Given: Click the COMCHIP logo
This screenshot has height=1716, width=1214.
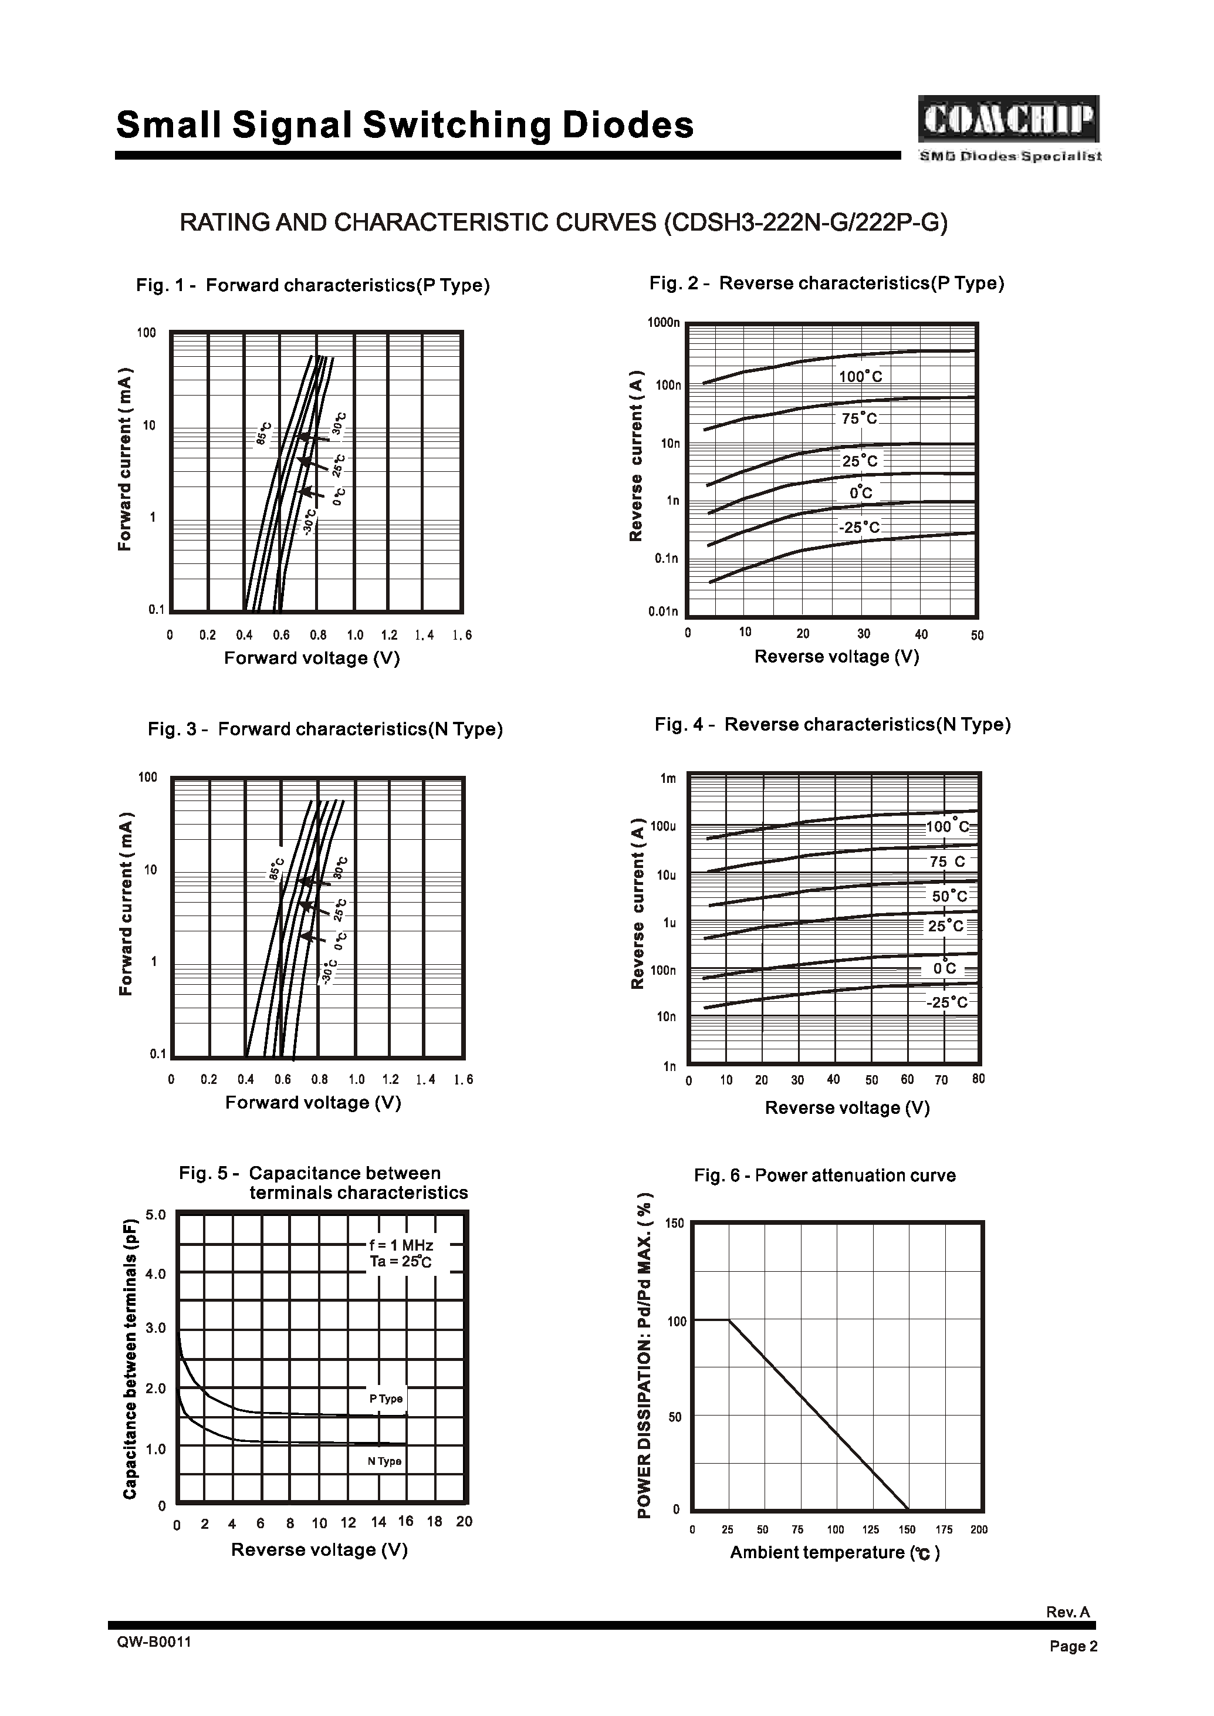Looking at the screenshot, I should [x=1009, y=120].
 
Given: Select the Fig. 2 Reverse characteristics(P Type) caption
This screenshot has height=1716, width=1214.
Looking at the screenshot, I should [x=827, y=283].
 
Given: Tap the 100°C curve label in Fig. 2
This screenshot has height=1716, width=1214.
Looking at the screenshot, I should [x=860, y=377].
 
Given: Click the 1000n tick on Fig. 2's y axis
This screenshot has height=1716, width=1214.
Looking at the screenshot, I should [x=664, y=323].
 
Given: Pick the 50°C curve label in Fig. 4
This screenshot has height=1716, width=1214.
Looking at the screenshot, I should [x=949, y=896].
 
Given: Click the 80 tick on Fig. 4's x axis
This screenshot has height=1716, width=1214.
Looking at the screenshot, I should [x=979, y=1079].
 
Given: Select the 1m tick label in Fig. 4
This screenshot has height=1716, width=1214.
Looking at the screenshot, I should [x=668, y=778].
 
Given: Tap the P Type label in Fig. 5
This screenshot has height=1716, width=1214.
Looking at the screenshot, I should [x=385, y=1399].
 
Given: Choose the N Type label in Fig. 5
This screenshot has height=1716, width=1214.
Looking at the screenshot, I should [x=384, y=1461].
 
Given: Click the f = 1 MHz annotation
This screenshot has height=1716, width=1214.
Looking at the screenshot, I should [x=401, y=1245].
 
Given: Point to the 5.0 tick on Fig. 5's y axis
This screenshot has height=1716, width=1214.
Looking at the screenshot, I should [x=155, y=1215].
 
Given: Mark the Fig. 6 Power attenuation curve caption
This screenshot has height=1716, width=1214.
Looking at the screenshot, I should [x=824, y=1175].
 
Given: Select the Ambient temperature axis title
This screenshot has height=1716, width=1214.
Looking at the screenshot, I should [x=834, y=1552].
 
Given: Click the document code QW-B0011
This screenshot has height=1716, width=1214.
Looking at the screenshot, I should [x=154, y=1642].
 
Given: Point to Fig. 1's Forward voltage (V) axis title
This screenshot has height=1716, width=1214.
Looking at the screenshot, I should [x=313, y=658].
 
